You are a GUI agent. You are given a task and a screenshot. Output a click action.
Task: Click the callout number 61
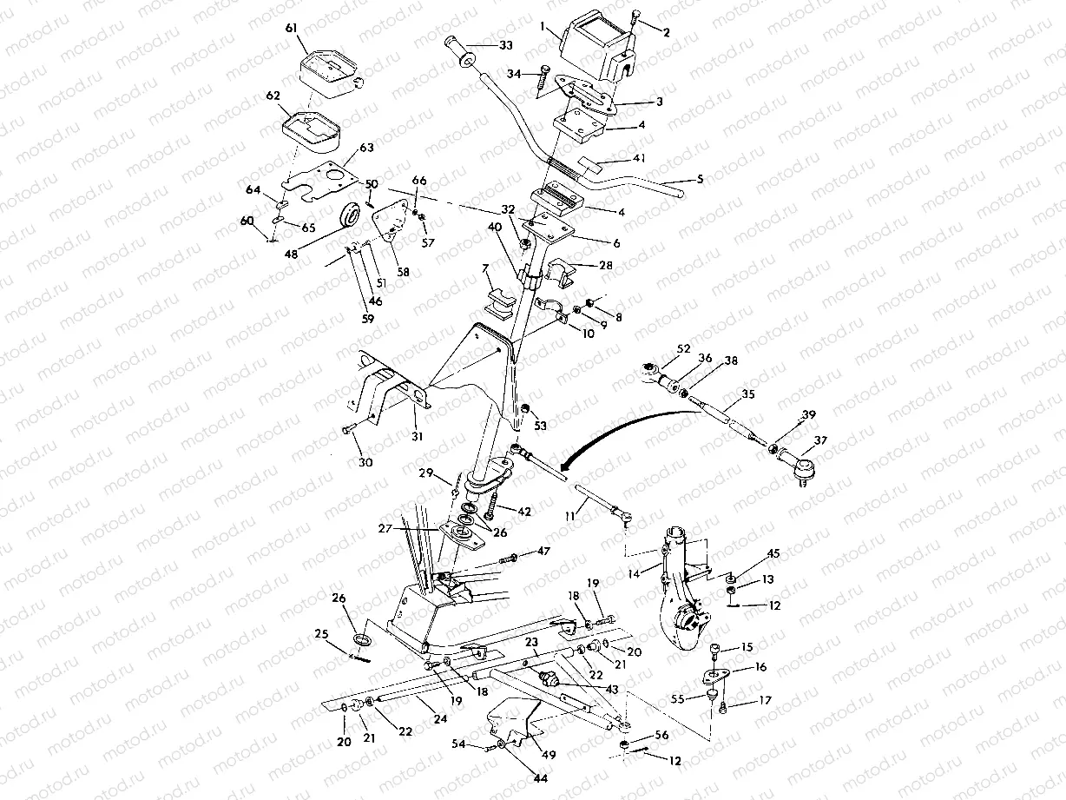tap(290, 29)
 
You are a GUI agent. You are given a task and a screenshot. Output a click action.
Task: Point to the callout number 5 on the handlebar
tap(701, 179)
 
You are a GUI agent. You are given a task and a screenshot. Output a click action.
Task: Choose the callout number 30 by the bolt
tap(365, 463)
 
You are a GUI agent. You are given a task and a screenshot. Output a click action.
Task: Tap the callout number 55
tap(676, 698)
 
